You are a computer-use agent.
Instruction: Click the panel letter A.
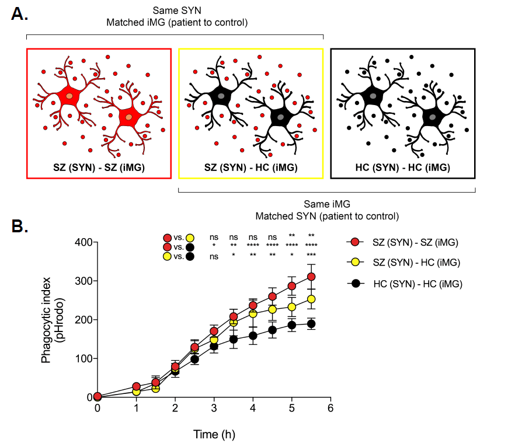point(19,14)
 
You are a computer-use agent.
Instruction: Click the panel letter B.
point(20,226)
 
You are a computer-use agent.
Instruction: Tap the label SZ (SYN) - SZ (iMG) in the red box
point(99,168)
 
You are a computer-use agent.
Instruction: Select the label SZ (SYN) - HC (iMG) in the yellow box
point(250,168)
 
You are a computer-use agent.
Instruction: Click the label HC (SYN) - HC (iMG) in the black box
point(403,168)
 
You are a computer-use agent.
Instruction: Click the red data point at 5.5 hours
point(311,277)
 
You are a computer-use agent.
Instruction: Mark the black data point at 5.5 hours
point(311,324)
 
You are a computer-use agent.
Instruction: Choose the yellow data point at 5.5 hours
point(311,299)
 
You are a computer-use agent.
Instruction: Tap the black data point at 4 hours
point(253,336)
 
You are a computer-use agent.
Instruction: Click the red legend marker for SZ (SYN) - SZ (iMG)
point(354,242)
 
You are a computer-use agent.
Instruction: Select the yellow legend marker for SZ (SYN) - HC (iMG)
point(354,263)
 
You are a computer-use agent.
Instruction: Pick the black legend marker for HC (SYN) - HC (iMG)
point(354,284)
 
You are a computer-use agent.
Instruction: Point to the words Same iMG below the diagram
point(326,204)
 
